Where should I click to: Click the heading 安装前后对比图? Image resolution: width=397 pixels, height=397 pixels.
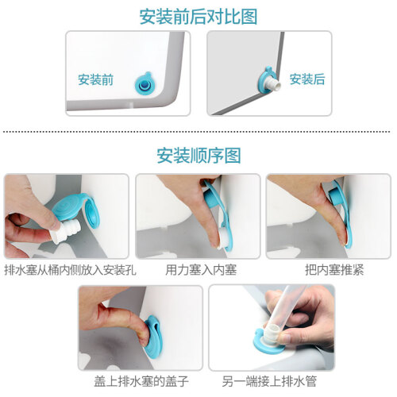(198, 17)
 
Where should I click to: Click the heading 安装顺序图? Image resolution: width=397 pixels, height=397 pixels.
(198, 156)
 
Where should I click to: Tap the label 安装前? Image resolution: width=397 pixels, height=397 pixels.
(95, 79)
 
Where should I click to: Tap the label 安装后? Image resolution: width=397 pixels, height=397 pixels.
(307, 79)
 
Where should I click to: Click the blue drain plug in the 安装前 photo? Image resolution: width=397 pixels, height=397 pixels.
(145, 83)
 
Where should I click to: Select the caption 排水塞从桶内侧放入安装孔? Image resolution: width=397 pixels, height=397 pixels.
(70, 270)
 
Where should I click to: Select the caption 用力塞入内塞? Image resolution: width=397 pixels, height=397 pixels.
(201, 270)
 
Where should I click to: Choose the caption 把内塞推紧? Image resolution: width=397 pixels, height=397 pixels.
(334, 270)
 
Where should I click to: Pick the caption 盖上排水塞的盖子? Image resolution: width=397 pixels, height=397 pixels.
(141, 381)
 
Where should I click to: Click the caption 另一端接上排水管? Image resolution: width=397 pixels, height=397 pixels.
(269, 381)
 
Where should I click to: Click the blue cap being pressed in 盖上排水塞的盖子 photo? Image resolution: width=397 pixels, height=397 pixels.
(153, 337)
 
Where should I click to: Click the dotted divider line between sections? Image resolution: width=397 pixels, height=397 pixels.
(196, 132)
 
